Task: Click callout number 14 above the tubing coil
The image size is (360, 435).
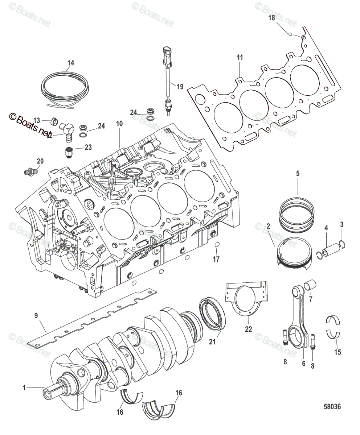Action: [x=70, y=63]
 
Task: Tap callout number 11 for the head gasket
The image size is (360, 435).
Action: [x=240, y=57]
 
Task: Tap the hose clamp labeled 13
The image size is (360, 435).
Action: [x=53, y=121]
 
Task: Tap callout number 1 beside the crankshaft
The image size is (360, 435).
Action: [x=24, y=388]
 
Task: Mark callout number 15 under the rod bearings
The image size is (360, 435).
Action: [x=337, y=351]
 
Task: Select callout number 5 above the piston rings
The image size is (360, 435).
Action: [x=298, y=174]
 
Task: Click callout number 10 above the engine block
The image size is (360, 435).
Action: [x=119, y=124]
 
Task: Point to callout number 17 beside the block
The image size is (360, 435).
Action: [x=216, y=260]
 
